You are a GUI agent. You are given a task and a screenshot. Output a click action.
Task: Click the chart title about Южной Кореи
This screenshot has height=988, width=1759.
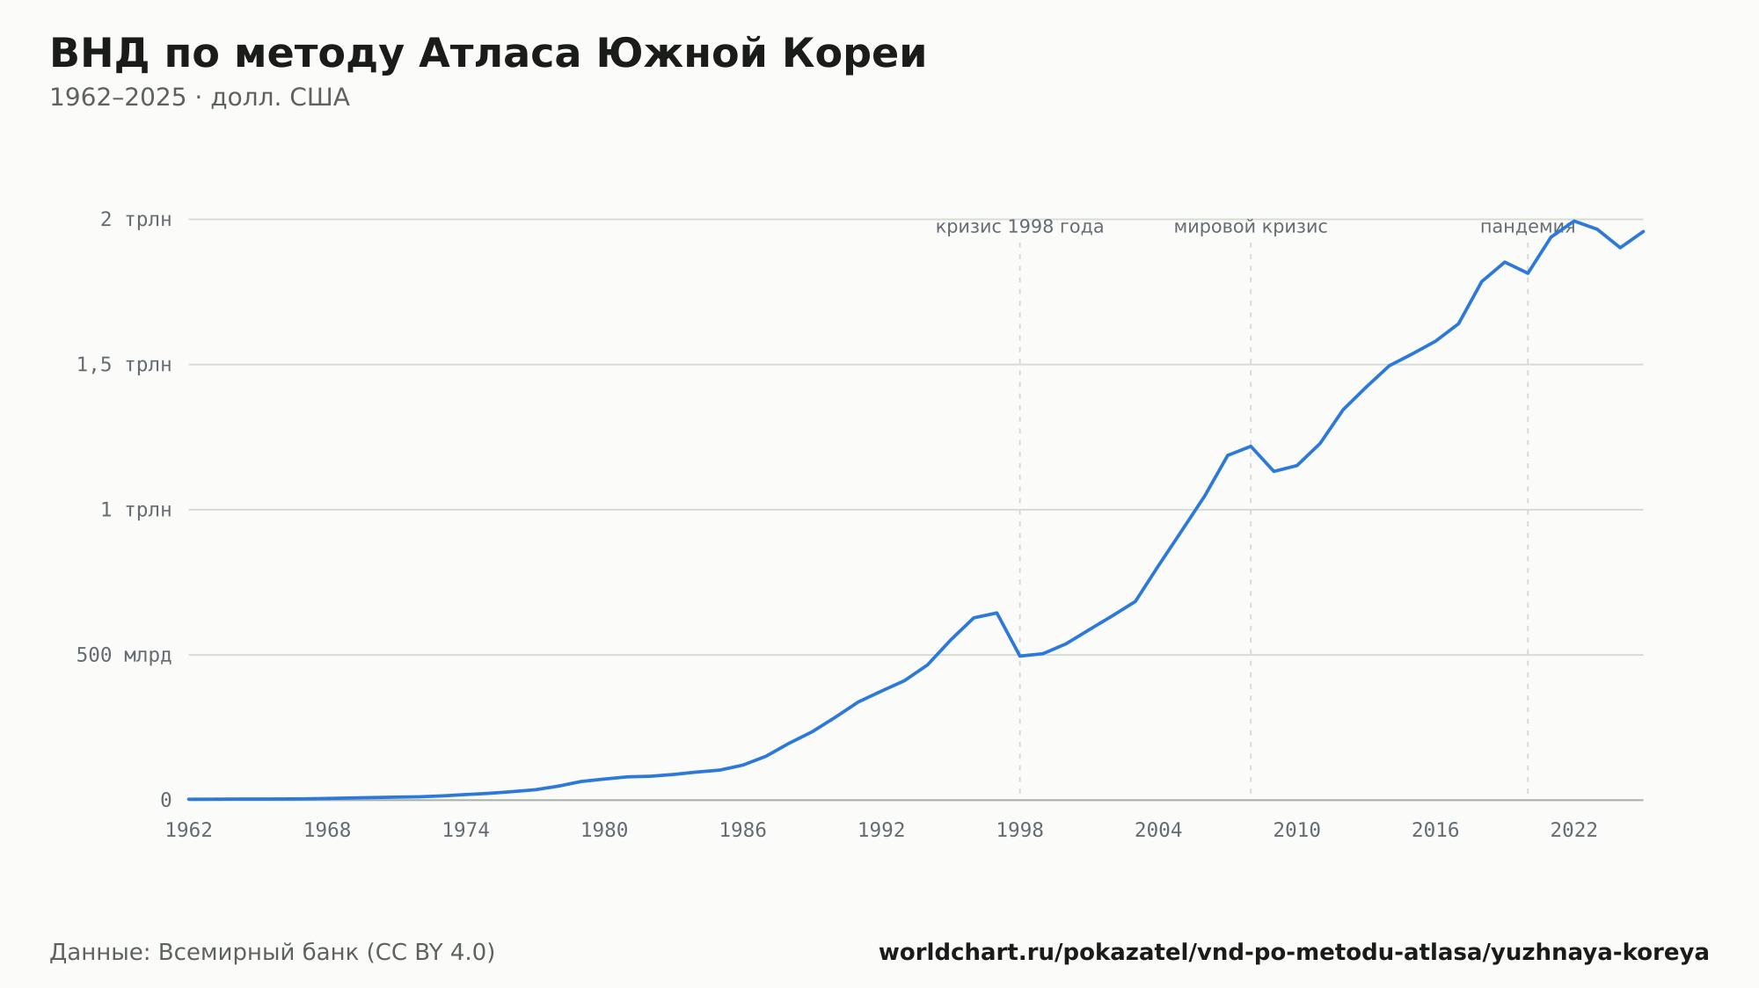[488, 54]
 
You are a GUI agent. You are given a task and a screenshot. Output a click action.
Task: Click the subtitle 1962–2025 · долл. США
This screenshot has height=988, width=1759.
[200, 98]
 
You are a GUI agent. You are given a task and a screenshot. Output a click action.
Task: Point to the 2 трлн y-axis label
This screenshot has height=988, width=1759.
[135, 220]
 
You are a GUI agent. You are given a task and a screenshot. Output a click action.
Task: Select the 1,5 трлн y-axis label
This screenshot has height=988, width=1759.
[124, 365]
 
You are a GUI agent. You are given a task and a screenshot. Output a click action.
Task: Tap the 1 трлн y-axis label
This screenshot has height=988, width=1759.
[135, 510]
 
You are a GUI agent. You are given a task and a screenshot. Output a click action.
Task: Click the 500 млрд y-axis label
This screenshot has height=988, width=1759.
[124, 655]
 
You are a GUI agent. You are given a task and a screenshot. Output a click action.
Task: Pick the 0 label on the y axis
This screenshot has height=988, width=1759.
[165, 800]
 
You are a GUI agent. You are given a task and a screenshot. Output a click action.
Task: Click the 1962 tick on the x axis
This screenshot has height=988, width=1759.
[189, 831]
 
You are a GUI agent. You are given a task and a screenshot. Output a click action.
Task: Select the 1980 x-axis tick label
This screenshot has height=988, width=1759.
[604, 831]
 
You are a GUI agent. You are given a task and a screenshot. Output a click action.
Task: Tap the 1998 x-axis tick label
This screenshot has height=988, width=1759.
[1020, 831]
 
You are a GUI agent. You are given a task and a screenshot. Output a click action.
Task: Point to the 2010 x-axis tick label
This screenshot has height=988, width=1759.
[1297, 831]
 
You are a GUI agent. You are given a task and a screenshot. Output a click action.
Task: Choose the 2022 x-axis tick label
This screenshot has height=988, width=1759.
[1574, 831]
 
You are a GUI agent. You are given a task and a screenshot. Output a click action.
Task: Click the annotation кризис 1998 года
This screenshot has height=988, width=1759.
[1019, 227]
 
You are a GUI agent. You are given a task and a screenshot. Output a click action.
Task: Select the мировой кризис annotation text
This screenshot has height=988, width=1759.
[1251, 227]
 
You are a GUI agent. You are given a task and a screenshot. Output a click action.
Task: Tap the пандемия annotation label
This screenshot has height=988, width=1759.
[1528, 227]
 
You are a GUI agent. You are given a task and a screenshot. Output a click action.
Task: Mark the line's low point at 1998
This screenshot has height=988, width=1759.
[1020, 656]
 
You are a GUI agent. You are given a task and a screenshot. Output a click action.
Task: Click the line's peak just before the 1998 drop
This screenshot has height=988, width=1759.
[996, 613]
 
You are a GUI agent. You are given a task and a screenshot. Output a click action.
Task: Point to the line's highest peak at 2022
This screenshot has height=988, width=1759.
[1574, 221]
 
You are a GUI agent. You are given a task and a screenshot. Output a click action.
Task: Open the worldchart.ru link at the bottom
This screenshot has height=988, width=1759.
[1294, 953]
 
